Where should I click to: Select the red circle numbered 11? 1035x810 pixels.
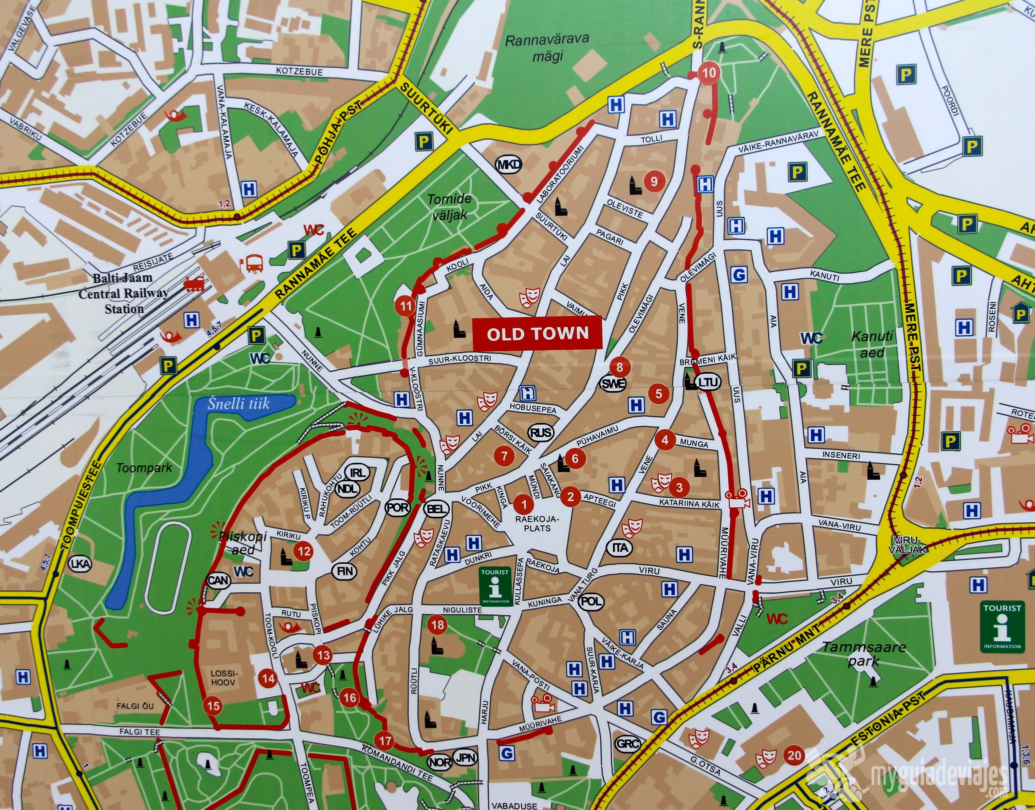pos(405,306)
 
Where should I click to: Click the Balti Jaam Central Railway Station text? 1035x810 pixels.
pos(123,293)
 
